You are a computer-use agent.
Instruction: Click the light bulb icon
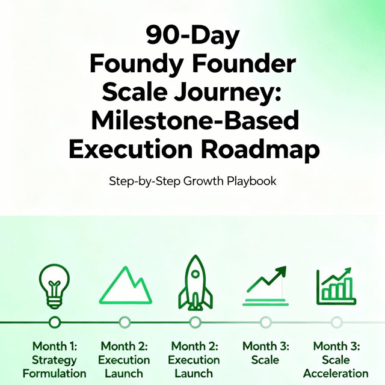point(54,286)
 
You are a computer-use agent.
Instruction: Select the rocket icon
point(195,282)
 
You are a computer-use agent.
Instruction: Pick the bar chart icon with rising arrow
point(336,286)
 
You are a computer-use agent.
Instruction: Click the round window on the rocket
point(196,274)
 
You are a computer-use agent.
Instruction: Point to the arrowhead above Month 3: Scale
point(280,271)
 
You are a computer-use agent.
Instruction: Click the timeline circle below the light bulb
point(55,322)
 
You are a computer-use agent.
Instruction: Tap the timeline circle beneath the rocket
point(195,322)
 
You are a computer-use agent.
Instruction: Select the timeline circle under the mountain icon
point(125,322)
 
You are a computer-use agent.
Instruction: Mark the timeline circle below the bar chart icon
point(336,322)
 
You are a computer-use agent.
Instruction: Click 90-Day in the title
point(192,35)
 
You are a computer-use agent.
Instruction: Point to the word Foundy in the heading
point(137,64)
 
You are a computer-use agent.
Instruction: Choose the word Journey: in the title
point(227,92)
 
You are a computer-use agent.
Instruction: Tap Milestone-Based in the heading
point(195,120)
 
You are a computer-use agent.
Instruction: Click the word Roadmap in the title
point(260,149)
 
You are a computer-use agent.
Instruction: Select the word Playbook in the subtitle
point(251,182)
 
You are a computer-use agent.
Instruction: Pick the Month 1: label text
point(55,346)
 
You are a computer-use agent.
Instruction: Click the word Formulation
point(55,374)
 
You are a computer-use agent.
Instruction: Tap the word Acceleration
point(336,374)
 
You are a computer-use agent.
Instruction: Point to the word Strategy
point(54,360)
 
